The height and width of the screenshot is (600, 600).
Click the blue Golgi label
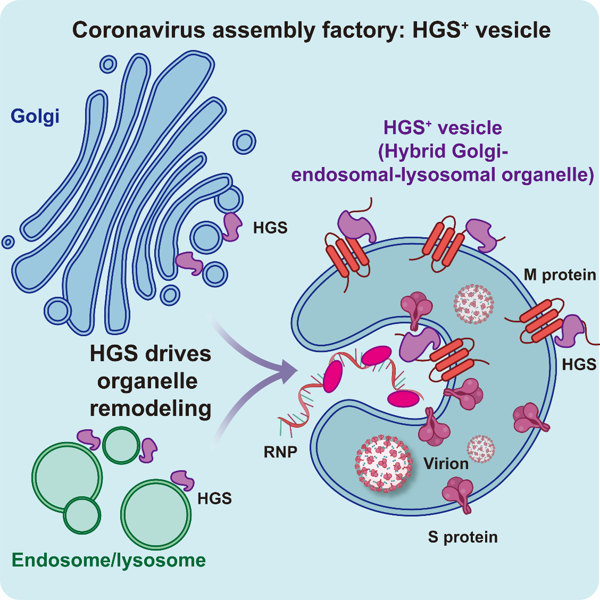[x=35, y=115]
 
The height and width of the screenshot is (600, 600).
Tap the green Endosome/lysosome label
[x=109, y=560]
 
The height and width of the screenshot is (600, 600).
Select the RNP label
[x=280, y=452]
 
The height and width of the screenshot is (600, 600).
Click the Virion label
[x=446, y=464]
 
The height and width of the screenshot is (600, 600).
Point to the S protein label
[x=463, y=537]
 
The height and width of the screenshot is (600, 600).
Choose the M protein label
[x=560, y=275]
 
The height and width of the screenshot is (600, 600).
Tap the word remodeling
[x=151, y=409]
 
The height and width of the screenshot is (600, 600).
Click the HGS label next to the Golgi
[x=270, y=228]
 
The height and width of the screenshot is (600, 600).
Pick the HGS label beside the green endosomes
[x=214, y=498]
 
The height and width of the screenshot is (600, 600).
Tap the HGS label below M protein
[x=579, y=364]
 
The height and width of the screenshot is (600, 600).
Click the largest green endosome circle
[x=155, y=514]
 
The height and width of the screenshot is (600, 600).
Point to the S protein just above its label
[x=459, y=495]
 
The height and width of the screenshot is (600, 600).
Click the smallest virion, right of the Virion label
[x=481, y=448]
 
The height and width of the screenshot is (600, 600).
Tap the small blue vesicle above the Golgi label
[x=108, y=64]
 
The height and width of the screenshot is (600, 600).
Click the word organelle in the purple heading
[x=556, y=174]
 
